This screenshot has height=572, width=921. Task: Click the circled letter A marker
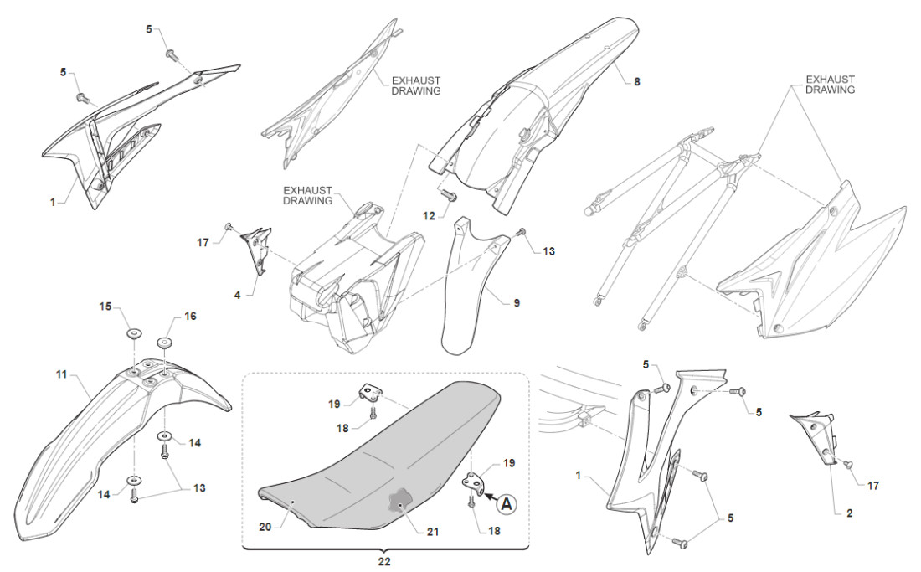pos(507,503)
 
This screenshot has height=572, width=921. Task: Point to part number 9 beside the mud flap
pos(517,302)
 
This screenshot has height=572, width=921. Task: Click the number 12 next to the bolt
pos(429,216)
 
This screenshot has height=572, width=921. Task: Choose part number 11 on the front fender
pos(61,374)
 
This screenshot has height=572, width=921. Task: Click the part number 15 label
pos(105,307)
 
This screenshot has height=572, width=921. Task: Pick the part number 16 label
pos(190,316)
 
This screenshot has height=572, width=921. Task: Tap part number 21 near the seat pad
pos(432,531)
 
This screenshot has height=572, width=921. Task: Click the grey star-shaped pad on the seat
pos(400,502)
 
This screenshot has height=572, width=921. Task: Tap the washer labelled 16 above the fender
pos(163,341)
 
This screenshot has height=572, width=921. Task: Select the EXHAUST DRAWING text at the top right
pos(830,84)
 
